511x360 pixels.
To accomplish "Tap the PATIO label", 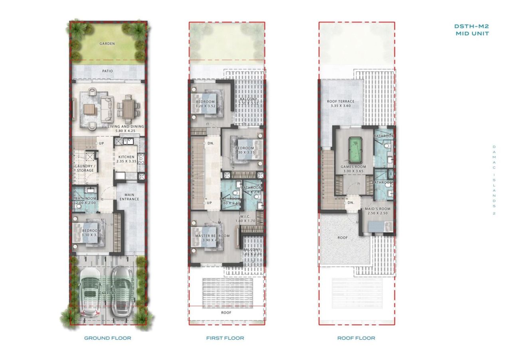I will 107,71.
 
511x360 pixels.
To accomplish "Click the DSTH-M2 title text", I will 471,26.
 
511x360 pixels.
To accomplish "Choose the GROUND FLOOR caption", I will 107,338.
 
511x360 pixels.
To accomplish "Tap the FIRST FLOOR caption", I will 225,338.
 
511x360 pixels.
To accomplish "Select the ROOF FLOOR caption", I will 356,338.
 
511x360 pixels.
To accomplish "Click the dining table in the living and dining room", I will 128,107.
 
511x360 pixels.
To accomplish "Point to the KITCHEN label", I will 127,157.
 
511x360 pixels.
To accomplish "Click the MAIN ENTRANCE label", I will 129,197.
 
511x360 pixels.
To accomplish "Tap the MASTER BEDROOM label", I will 212,236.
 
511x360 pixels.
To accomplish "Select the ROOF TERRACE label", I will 341,101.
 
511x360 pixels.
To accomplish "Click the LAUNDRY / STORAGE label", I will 85,168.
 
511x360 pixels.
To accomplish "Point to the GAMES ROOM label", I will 353,167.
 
